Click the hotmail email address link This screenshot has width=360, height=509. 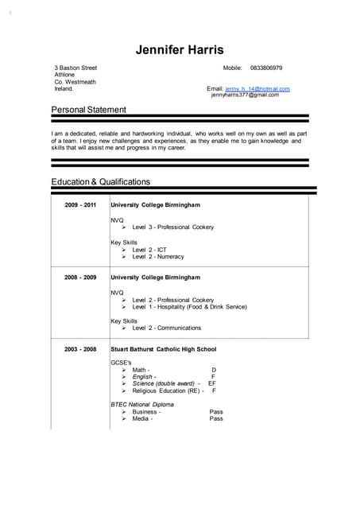click(257, 88)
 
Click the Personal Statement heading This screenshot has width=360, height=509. click(88, 109)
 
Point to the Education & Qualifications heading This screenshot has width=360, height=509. click(100, 181)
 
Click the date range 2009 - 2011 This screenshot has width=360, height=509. click(80, 205)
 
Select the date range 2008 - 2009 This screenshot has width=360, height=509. click(80, 277)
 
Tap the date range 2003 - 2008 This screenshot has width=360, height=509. click(80, 349)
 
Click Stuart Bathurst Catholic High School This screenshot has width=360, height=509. click(163, 349)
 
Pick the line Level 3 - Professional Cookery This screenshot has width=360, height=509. click(172, 227)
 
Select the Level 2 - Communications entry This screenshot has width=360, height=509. click(166, 328)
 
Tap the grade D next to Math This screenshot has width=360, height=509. click(214, 370)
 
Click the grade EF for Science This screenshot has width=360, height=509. click(212, 383)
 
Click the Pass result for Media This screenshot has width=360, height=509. click(216, 418)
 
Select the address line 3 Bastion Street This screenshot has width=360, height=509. click(75, 68)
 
